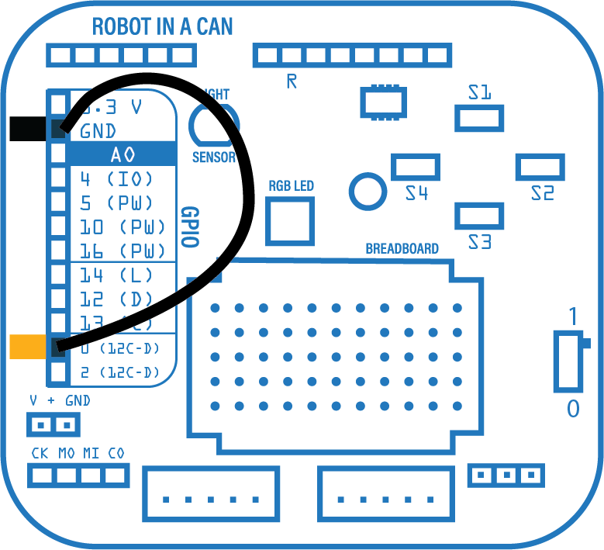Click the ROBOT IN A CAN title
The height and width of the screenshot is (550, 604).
(x=162, y=26)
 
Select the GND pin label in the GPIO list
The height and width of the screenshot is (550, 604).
(x=98, y=130)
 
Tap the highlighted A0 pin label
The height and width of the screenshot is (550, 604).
(x=123, y=154)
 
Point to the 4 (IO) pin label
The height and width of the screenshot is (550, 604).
(x=116, y=179)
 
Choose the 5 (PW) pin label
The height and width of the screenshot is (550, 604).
(x=116, y=203)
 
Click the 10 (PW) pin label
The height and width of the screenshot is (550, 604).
(x=123, y=227)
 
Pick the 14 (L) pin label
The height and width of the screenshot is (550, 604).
(x=116, y=275)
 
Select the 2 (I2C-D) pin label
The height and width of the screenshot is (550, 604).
(x=120, y=373)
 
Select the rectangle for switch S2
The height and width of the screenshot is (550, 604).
(x=540, y=166)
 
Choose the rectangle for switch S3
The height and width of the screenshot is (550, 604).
(x=479, y=216)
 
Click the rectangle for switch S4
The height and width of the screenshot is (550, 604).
(x=416, y=166)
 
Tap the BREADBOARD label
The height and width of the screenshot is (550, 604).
(x=402, y=249)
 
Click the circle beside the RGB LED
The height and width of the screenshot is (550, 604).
(x=367, y=190)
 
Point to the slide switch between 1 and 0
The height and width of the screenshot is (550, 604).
(x=570, y=361)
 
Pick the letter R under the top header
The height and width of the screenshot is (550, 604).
(x=292, y=81)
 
